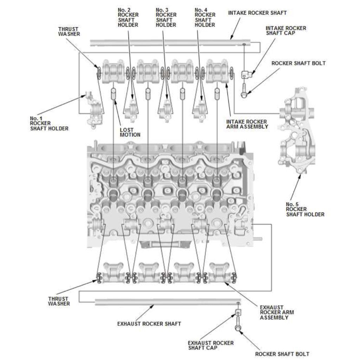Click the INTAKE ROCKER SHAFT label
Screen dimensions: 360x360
(257, 13)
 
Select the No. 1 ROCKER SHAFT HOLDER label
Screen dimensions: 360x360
(49, 123)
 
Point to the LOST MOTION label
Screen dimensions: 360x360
(130, 132)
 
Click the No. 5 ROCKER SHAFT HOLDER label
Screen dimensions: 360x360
(305, 209)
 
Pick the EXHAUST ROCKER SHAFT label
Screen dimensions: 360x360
(149, 323)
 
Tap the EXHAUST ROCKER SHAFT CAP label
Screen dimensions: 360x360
(211, 345)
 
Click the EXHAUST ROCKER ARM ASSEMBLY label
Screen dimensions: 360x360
(277, 312)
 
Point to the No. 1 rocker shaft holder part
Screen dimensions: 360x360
(95, 110)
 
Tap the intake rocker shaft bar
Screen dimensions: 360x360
(169, 43)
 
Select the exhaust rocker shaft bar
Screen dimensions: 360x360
(165, 302)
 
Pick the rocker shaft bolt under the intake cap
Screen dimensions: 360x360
(244, 90)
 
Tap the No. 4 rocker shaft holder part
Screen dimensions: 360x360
(200, 109)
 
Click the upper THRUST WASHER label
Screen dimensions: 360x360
(69, 32)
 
